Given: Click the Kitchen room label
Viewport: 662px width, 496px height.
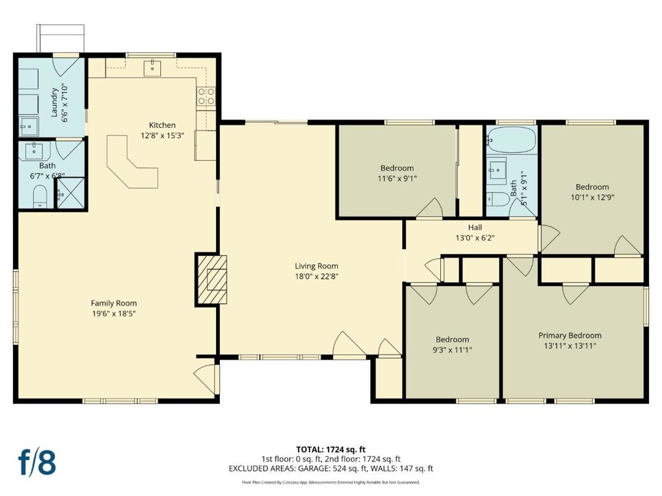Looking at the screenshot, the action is point(162,125).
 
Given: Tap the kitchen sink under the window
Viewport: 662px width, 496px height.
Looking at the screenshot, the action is point(152,67).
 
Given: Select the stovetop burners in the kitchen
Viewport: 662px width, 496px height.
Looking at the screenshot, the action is point(206,96).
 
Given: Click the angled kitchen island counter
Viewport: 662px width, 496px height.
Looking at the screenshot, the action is point(131,161).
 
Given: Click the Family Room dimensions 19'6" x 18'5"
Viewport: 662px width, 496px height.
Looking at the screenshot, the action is point(114,313).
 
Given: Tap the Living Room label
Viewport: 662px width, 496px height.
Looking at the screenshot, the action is point(316,266).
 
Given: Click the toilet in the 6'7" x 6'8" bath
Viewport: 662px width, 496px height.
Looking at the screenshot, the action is point(40,196).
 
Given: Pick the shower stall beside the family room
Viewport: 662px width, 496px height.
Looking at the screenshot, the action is point(70,192).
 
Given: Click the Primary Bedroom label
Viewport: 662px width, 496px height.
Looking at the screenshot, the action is point(570,336).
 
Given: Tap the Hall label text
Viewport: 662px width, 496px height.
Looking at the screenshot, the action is point(475,227).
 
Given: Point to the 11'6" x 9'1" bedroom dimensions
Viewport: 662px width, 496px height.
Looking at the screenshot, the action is point(397,178).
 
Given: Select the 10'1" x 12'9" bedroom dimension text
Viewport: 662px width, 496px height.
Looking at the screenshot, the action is point(592,197).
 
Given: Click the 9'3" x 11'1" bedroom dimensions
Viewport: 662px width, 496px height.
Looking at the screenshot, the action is point(452,349).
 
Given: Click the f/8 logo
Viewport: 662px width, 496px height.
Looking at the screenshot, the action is point(37,462).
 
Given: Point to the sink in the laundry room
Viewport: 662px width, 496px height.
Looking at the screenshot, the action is point(28,127).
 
